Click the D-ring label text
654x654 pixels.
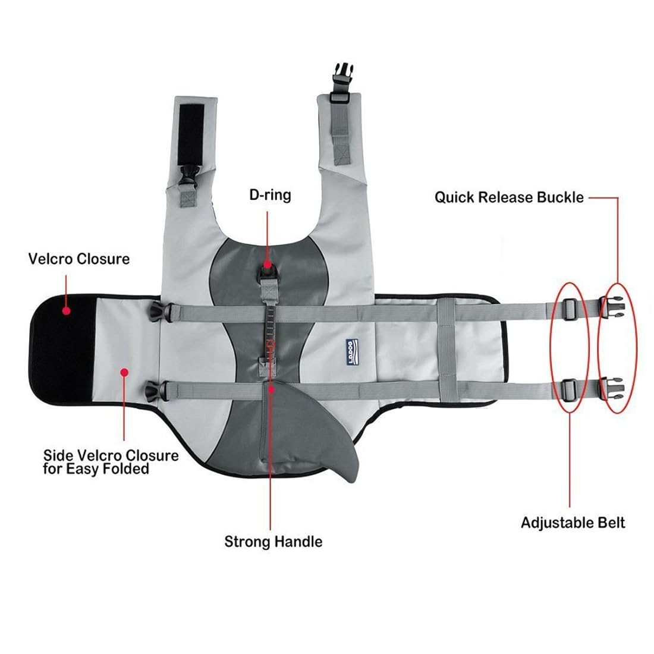(x=270, y=194)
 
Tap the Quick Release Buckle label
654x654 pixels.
(x=509, y=197)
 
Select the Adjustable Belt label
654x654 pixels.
(x=573, y=523)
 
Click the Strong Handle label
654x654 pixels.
(x=273, y=541)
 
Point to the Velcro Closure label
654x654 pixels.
(x=78, y=259)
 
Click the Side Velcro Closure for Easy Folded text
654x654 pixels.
(x=111, y=462)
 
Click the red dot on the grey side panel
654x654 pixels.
(x=124, y=373)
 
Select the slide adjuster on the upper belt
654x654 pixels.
(x=569, y=307)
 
